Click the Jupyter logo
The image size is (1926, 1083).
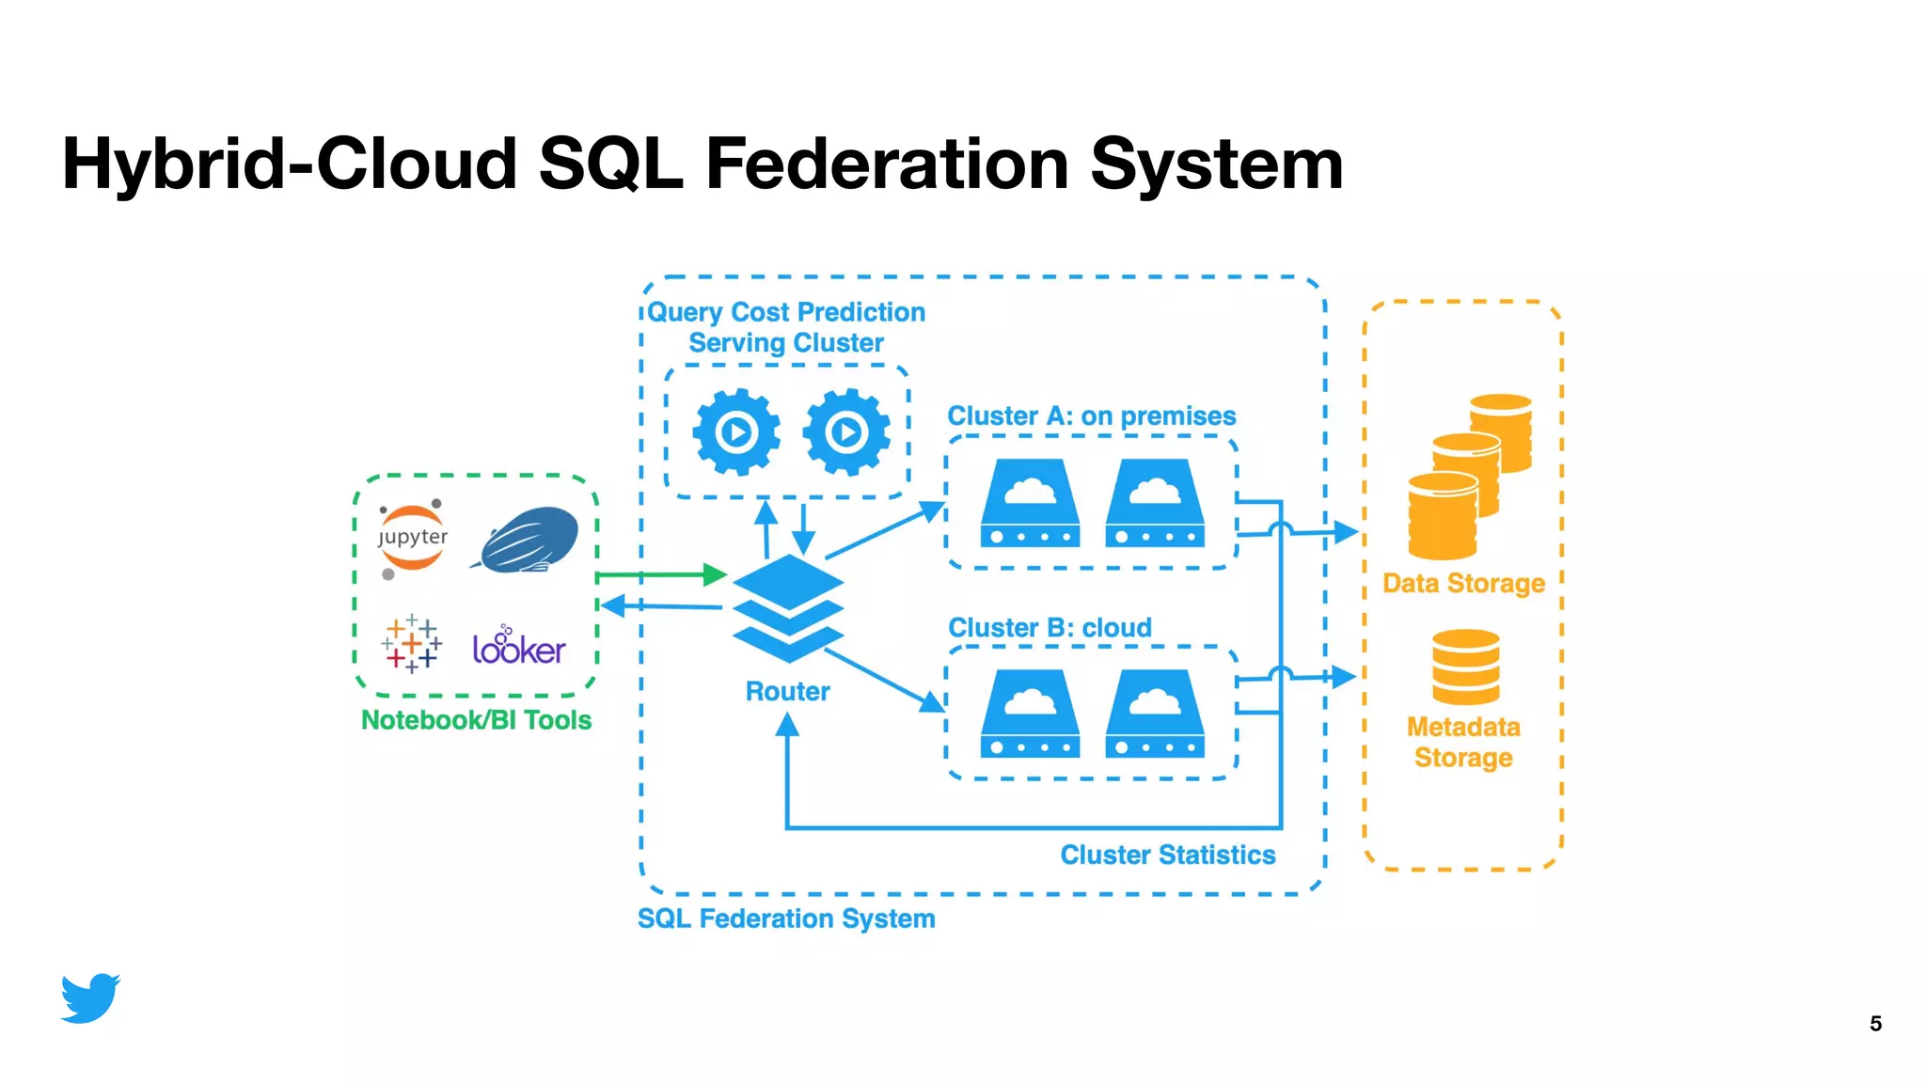pyautogui.click(x=412, y=539)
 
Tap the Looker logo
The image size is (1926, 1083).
pyautogui.click(x=518, y=647)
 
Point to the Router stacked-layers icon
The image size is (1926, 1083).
pyautogui.click(x=788, y=608)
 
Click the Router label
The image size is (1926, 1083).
pyautogui.click(x=787, y=692)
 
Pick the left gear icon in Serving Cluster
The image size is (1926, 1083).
pyautogui.click(x=736, y=432)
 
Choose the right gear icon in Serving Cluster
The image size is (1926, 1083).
pyautogui.click(x=846, y=432)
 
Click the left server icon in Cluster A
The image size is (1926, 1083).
pyautogui.click(x=1030, y=503)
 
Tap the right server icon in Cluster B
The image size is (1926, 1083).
pyautogui.click(x=1155, y=714)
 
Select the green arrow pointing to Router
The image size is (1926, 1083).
pyautogui.click(x=662, y=574)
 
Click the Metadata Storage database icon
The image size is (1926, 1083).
pyautogui.click(x=1465, y=667)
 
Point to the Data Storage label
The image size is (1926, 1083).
pyautogui.click(x=1463, y=584)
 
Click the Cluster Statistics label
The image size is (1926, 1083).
pyautogui.click(x=1167, y=855)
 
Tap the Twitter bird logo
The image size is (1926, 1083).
pyautogui.click(x=90, y=997)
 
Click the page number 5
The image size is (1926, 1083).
pyautogui.click(x=1875, y=1024)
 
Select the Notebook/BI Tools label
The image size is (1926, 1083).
pyautogui.click(x=476, y=720)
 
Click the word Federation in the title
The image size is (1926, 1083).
pyautogui.click(x=886, y=164)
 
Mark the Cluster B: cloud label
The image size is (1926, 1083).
pyautogui.click(x=1050, y=627)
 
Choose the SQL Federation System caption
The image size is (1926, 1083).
pyautogui.click(x=786, y=918)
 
